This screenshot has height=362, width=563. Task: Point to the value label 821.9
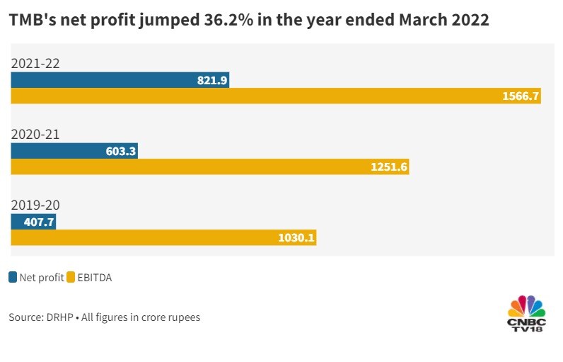pos(211,80)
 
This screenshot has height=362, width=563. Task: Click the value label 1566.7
pos(521,96)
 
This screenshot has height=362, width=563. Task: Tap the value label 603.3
pos(120,151)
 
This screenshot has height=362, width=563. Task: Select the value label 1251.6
pos(388,167)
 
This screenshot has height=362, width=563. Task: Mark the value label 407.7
pos(39,222)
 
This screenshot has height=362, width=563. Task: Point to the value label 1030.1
pos(296,238)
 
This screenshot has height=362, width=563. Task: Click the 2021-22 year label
pos(35,64)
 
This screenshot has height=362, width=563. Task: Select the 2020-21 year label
pos(35,135)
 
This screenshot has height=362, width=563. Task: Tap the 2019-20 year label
pos(35,205)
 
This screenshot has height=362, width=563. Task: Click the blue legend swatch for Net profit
pos(13,278)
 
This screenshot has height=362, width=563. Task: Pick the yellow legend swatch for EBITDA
pos(71,278)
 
